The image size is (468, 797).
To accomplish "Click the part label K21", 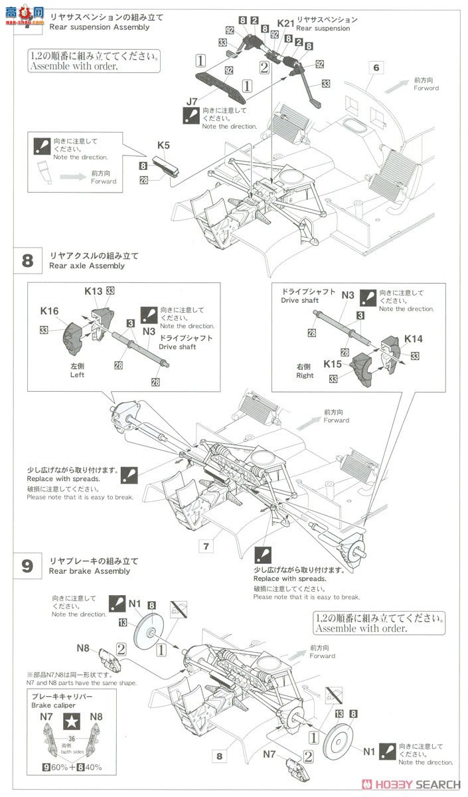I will tap(285, 23).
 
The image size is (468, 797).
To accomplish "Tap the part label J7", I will tap(192, 101).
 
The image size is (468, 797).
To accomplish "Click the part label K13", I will tap(93, 290).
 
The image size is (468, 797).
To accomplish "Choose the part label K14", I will tap(414, 339).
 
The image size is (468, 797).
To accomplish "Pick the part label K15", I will tap(333, 363).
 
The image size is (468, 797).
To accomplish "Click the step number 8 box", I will tap(27, 260).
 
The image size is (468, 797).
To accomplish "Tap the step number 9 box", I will tap(27, 566).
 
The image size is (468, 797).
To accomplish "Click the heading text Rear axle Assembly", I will tap(86, 266).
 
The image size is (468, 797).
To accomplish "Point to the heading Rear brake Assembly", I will tap(90, 571).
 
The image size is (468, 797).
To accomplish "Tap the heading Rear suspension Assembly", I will tap(99, 27).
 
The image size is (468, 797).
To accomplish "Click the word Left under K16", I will tap(78, 375).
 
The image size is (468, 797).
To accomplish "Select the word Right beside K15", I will tap(305, 376).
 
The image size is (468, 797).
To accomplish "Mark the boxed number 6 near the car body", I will tap(376, 67).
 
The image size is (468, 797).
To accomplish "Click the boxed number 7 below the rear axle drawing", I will tap(207, 546).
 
